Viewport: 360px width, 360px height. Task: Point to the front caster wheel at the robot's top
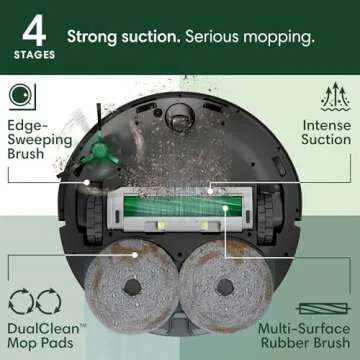click(x=181, y=121)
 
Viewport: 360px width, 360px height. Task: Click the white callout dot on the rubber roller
click(x=213, y=187)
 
